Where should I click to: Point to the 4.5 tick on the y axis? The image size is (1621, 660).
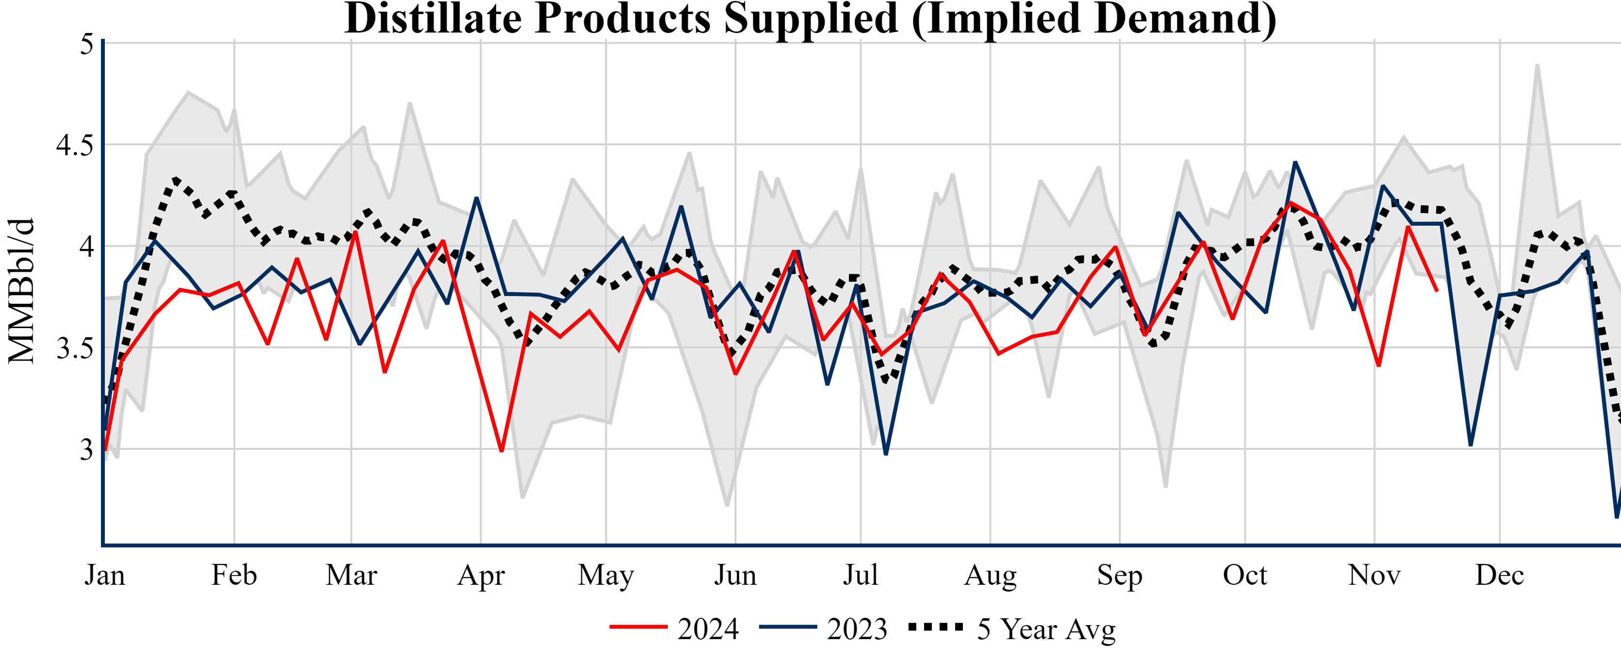74,145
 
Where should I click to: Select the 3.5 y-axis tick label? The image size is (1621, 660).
74,348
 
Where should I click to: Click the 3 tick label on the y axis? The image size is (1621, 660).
86,450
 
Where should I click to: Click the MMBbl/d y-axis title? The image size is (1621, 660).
21,291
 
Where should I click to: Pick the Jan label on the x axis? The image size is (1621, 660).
104,575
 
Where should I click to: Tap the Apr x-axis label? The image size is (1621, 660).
481,575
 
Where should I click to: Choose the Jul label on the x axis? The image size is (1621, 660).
860,575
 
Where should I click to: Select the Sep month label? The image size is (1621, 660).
1120,575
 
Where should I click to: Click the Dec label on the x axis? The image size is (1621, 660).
1500,575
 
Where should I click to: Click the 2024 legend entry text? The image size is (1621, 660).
708,629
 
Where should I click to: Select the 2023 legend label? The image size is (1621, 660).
857,629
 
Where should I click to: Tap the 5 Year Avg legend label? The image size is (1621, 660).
1046,629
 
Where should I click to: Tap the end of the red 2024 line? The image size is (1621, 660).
1437,291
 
